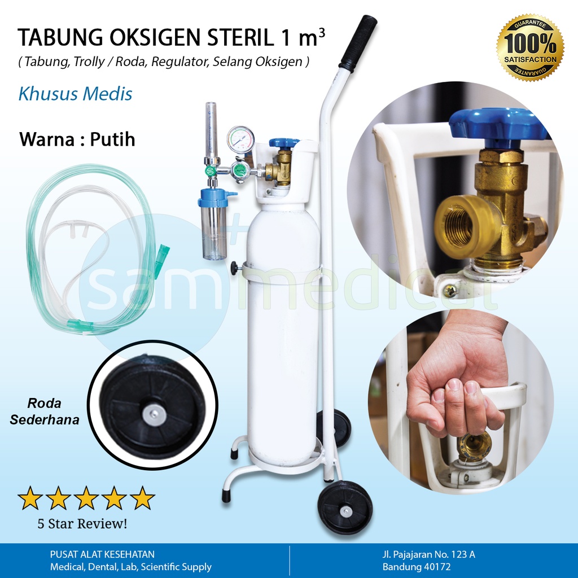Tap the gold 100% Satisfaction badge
tap(529, 47)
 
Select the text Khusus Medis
tap(75, 94)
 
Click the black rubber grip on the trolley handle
tap(358, 43)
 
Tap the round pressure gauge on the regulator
tap(240, 139)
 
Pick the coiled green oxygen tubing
tap(90, 248)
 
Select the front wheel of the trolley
tap(345, 506)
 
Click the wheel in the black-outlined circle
tap(153, 405)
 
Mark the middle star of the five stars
tap(86, 498)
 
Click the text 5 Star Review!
tap(82, 523)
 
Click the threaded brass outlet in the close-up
tap(460, 224)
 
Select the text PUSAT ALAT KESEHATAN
tap(102, 554)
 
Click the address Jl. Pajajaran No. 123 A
tap(428, 554)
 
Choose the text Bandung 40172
tap(416, 567)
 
